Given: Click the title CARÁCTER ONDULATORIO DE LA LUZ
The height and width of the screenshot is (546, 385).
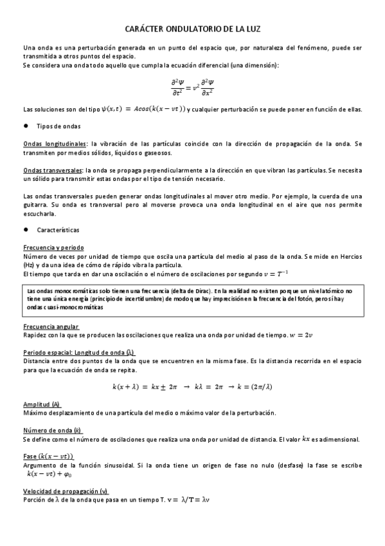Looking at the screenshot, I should click(192, 30).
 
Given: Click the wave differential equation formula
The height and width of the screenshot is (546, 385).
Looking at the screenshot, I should click(192, 87).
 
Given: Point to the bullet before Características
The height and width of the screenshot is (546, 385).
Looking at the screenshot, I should click(26, 229).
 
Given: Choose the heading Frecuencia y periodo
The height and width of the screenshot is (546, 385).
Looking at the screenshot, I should click(53, 247).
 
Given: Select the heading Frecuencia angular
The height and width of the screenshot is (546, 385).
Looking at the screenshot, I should click(51, 326).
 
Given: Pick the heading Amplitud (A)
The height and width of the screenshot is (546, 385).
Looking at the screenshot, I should click(42, 404).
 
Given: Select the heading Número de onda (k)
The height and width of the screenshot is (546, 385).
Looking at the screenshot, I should click(52, 430).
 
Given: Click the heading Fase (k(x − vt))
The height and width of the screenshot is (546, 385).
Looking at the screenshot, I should click(48, 457).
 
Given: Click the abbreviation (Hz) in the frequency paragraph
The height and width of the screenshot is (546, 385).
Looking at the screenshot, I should click(30, 265).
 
